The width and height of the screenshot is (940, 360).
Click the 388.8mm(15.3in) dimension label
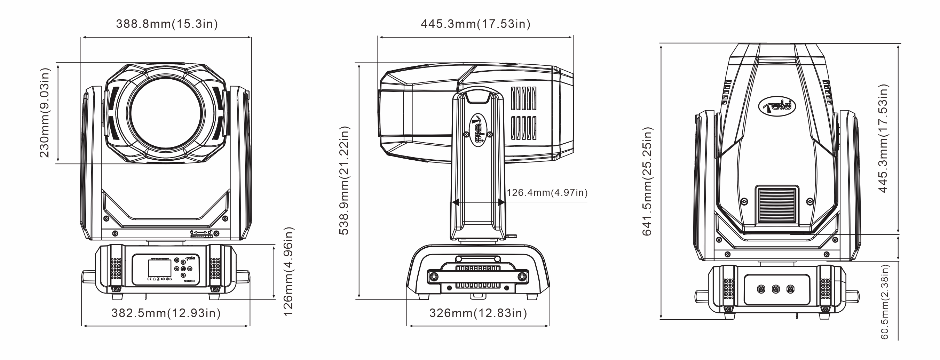pos(167,24)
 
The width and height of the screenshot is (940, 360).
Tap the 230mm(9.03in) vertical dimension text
pos(45,113)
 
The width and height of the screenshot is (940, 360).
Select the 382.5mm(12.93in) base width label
pos(166,313)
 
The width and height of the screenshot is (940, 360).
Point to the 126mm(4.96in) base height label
pos(288,272)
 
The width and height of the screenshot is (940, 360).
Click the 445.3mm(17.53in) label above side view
pos(475,24)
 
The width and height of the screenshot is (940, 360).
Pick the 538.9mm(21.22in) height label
pos(345,180)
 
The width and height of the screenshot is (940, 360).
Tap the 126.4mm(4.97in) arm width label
pos(547,193)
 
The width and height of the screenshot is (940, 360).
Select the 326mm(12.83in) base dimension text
pos(478,313)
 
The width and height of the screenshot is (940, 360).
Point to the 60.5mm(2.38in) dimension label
pos(885,302)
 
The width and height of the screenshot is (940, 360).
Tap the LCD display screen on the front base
pos(159,268)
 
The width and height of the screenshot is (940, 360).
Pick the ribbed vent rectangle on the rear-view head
pos(777,206)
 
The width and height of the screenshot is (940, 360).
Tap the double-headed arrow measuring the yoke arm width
pos(479,202)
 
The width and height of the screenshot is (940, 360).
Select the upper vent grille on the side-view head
pos(524,98)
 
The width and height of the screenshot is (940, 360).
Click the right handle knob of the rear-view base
pos(852,296)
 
